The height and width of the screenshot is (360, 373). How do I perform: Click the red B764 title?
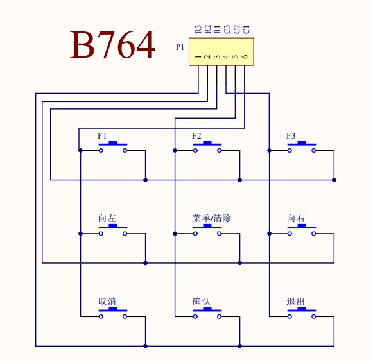point(112,44)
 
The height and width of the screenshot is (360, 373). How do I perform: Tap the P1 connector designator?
point(180,47)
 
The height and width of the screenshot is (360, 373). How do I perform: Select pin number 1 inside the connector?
point(198,57)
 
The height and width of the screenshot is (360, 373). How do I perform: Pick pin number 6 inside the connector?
point(245,56)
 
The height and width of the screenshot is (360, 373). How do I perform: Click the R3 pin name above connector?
point(198,30)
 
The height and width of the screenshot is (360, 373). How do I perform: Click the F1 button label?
point(102,136)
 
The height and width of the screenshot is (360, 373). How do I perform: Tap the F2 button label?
point(196,136)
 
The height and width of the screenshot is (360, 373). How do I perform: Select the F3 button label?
point(291,136)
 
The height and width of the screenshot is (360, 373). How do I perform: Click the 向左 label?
point(107,218)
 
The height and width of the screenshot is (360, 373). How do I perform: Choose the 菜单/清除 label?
point(211,218)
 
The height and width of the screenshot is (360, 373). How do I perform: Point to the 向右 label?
point(296,218)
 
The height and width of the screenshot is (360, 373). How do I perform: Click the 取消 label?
point(107,302)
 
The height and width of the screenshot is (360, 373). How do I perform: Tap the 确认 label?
point(201,302)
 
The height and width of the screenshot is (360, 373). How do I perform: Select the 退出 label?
point(296,302)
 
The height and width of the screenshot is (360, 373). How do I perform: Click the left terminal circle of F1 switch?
point(101,151)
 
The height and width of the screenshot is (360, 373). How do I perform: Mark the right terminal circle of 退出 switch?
point(314,316)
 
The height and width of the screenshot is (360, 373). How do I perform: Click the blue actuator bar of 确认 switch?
point(207,309)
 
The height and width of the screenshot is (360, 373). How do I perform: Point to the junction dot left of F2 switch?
point(175,151)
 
